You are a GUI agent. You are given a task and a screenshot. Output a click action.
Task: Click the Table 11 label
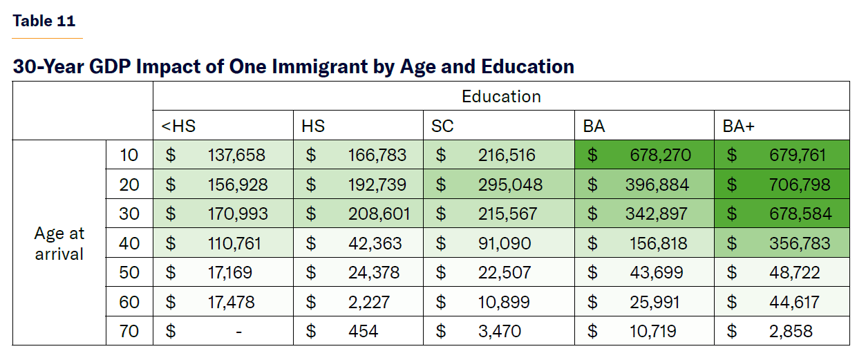[44, 21]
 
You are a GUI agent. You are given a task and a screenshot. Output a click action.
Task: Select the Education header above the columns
[501, 96]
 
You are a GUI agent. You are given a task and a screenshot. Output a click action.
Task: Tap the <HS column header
[178, 126]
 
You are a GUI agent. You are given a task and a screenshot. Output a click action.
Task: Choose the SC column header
[442, 126]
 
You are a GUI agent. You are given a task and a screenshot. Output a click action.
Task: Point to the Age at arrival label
[59, 244]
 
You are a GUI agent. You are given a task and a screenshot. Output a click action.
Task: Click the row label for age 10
[129, 155]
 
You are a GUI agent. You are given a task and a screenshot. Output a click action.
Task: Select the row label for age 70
[129, 332]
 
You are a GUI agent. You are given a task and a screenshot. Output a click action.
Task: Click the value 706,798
[800, 185]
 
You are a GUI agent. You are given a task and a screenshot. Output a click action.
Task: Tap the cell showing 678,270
[660, 155]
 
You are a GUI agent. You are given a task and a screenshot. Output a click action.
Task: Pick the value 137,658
[236, 155]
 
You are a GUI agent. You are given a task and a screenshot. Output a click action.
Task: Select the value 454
[364, 332]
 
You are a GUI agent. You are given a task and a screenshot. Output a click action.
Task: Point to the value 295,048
[510, 185]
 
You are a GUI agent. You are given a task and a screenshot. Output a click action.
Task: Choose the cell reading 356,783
[800, 244]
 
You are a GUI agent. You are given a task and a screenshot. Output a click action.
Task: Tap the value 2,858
[791, 332]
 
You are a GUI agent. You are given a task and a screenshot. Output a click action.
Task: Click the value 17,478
[231, 303]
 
